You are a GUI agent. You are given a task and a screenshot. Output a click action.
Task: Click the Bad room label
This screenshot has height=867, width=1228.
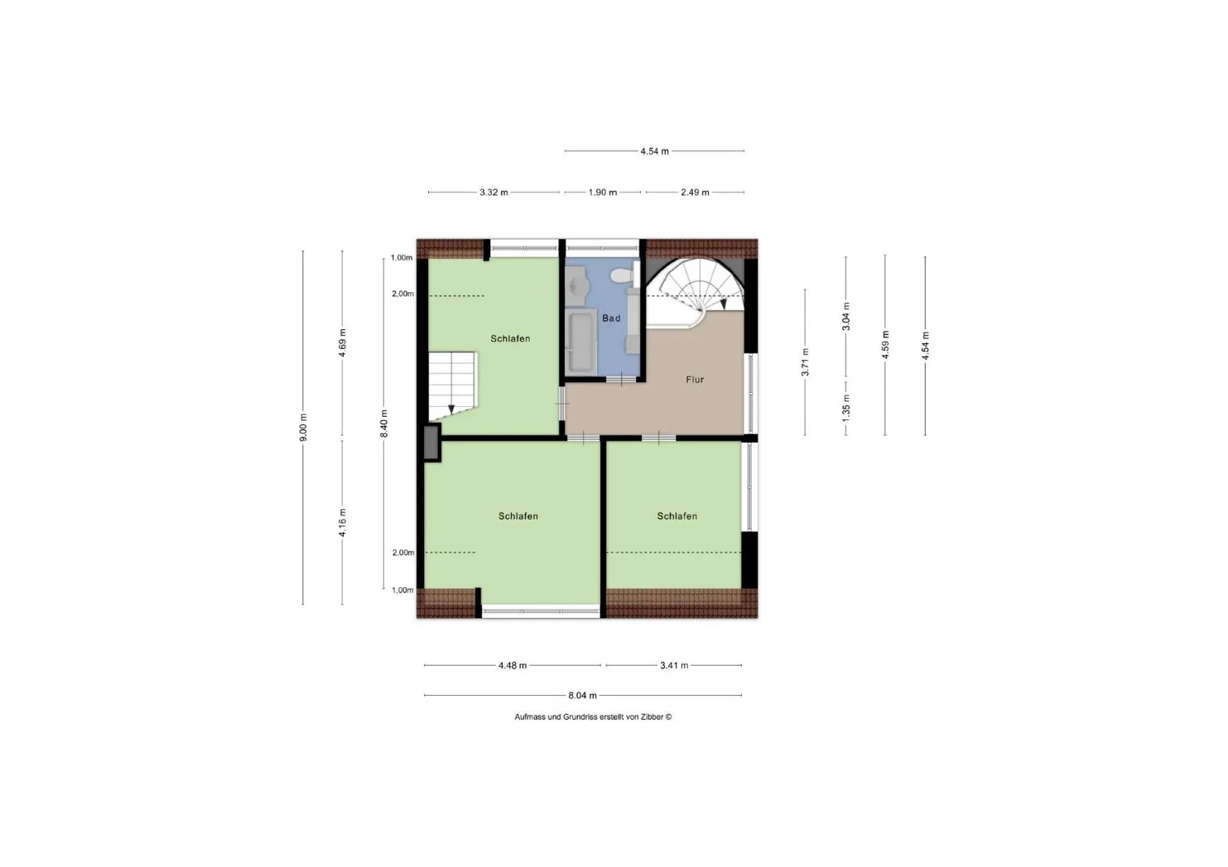[612, 318]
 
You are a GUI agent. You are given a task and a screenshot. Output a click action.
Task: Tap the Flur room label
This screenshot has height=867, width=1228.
[694, 380]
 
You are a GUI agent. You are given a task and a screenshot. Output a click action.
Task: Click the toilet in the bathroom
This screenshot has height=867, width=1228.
[621, 275]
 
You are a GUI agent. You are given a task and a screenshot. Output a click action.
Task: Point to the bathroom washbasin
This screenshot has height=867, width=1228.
[576, 285]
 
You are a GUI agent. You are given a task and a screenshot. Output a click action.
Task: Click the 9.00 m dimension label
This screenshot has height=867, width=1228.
[303, 427]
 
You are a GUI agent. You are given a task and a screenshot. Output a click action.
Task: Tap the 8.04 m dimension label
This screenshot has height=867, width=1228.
[582, 695]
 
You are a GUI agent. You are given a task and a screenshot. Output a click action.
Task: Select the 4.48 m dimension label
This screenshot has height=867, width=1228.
[512, 666]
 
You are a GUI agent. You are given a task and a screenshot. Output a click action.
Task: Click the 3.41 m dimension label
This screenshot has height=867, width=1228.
[674, 666]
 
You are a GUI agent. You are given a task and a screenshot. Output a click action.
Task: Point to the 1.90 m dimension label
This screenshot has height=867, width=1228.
[603, 192]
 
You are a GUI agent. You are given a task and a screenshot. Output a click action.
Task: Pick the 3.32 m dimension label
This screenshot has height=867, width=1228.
[494, 192]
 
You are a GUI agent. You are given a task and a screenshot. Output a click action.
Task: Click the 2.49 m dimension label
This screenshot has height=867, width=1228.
[695, 192]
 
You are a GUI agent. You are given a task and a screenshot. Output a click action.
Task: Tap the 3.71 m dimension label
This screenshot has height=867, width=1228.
[806, 363]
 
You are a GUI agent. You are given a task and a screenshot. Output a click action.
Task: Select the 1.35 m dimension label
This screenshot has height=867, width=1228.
[846, 408]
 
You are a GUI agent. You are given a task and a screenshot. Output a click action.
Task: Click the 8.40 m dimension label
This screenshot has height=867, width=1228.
[384, 424]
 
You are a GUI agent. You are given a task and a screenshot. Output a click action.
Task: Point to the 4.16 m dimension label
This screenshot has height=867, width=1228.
[343, 523]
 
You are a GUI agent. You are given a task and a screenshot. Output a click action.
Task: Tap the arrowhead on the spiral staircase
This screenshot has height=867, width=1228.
[723, 304]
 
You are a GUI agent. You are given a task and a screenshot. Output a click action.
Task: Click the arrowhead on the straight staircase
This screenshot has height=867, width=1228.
[451, 409]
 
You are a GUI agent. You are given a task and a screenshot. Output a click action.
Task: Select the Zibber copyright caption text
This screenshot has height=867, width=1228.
[594, 716]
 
